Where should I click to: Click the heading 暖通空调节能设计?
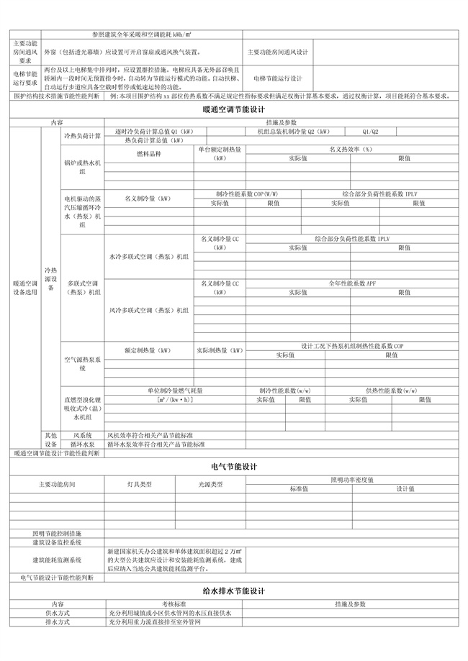[x=234, y=110]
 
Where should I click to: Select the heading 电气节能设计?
[x=234, y=467]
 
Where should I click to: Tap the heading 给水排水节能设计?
[x=234, y=591]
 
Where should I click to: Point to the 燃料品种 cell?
[x=149, y=154]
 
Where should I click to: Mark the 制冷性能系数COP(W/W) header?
[x=247, y=194]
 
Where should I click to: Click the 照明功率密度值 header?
[x=352, y=479]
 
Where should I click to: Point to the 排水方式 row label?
[x=57, y=622]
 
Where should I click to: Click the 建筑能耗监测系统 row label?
[x=57, y=559]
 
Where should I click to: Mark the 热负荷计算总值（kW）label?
[x=155, y=140]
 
